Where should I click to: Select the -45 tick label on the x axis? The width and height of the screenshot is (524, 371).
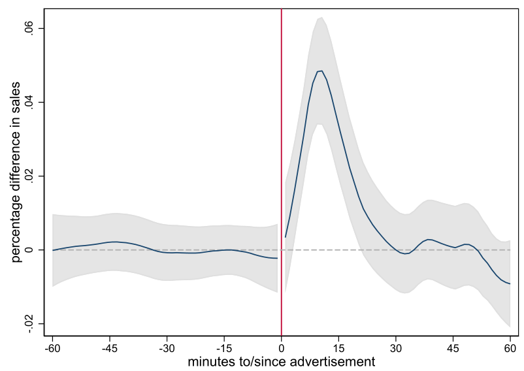pyautogui.click(x=109, y=348)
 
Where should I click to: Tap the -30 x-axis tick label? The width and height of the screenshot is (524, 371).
pyautogui.click(x=167, y=348)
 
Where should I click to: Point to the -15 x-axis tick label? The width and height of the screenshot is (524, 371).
pyautogui.click(x=223, y=348)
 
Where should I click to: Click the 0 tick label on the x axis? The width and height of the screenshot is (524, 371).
pyautogui.click(x=281, y=348)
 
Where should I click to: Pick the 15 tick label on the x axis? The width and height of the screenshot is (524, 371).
pyautogui.click(x=338, y=348)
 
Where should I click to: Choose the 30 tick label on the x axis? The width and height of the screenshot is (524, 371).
pyautogui.click(x=395, y=348)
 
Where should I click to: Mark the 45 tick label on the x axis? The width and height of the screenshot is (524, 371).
pyautogui.click(x=453, y=348)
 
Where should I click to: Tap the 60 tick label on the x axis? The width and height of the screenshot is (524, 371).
pyautogui.click(x=510, y=348)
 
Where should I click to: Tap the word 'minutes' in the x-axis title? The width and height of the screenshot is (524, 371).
pyautogui.click(x=210, y=361)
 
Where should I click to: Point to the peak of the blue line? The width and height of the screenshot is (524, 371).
pyautogui.click(x=321, y=71)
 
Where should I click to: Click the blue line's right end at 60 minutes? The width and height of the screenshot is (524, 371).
pyautogui.click(x=510, y=283)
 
